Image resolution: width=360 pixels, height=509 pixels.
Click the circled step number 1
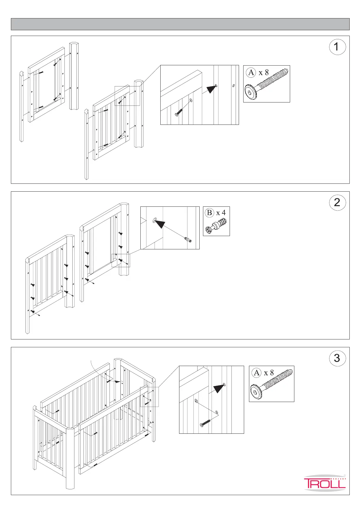pyautogui.click(x=337, y=47)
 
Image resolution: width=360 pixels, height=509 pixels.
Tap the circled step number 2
pyautogui.click(x=337, y=203)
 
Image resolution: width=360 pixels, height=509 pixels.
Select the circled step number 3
pyautogui.click(x=337, y=358)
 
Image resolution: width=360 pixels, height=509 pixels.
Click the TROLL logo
pyautogui.click(x=325, y=483)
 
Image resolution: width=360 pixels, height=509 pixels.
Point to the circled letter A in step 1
pyautogui.click(x=251, y=73)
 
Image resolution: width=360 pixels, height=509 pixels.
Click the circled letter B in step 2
pyautogui.click(x=209, y=213)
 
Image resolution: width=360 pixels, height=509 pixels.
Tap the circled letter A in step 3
pyautogui.click(x=257, y=373)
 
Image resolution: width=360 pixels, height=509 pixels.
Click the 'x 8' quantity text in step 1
pyautogui.click(x=263, y=73)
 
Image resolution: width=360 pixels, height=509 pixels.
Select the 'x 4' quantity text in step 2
pyautogui.click(x=221, y=213)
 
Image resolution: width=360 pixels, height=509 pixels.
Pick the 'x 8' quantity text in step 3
pyautogui.click(x=269, y=373)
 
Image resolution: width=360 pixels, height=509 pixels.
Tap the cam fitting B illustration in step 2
pyautogui.click(x=216, y=227)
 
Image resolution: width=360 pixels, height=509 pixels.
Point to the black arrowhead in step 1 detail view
pyautogui.click(x=212, y=89)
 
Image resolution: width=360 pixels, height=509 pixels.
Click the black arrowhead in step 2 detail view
pyautogui.click(x=159, y=224)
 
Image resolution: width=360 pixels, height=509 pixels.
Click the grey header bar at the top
pyautogui.click(x=180, y=24)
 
